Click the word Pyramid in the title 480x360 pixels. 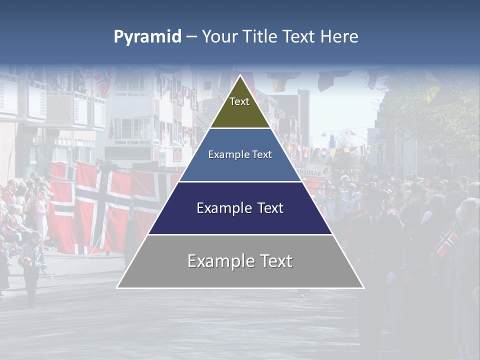pos(147,37)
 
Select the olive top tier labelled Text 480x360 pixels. pos(239,107)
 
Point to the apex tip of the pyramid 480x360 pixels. pos(240,76)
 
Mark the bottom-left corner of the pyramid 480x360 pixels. pos(117,287)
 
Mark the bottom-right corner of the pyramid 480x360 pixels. pos(363,287)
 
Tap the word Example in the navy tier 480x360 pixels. pos(222,208)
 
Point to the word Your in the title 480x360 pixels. pos(219,37)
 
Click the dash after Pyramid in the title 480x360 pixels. pos(191,37)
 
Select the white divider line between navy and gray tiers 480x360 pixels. pos(240,234)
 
